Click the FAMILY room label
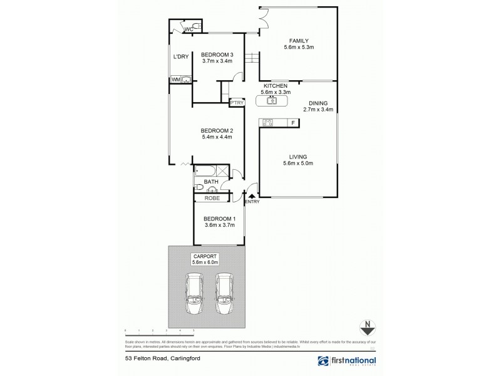[297, 40]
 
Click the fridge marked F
[292, 122]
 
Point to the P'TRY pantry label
[237, 103]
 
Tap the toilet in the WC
[196, 26]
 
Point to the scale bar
[160, 328]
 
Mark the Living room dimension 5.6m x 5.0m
[297, 164]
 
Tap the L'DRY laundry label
[180, 58]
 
